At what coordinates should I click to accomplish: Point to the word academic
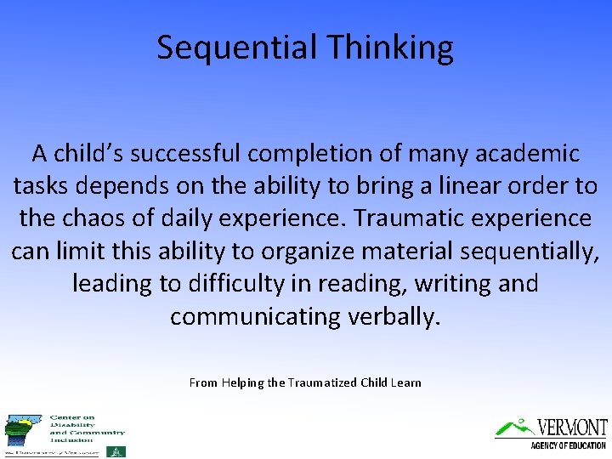click(526, 154)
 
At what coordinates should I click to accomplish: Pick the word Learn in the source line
click(405, 382)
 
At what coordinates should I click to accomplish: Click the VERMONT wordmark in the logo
click(571, 427)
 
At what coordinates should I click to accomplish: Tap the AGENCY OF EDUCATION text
click(568, 445)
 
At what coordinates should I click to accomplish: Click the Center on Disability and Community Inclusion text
click(87, 428)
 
